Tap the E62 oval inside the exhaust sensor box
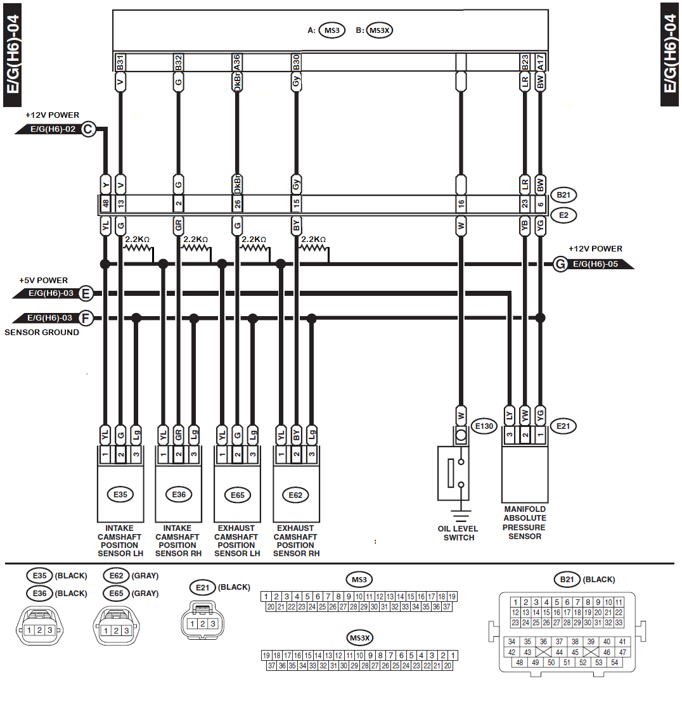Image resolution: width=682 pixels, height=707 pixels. tap(295, 494)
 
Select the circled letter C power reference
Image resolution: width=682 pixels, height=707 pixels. tap(87, 130)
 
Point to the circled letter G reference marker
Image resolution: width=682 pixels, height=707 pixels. tap(560, 264)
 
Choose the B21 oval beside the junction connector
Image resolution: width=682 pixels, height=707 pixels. tap(564, 194)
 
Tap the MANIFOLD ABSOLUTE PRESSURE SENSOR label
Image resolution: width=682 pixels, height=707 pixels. tap(525, 523)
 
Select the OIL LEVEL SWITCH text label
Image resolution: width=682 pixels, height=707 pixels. tap(458, 533)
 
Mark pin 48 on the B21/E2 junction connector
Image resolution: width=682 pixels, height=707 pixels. tap(106, 204)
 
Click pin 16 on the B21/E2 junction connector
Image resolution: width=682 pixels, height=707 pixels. tap(461, 204)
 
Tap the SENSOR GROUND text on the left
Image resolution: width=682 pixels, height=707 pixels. tap(42, 333)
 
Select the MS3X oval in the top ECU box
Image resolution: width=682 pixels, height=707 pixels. tap(380, 30)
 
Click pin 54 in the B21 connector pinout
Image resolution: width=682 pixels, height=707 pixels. tap(614, 663)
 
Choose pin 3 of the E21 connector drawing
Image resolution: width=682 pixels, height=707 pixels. tap(213, 624)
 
